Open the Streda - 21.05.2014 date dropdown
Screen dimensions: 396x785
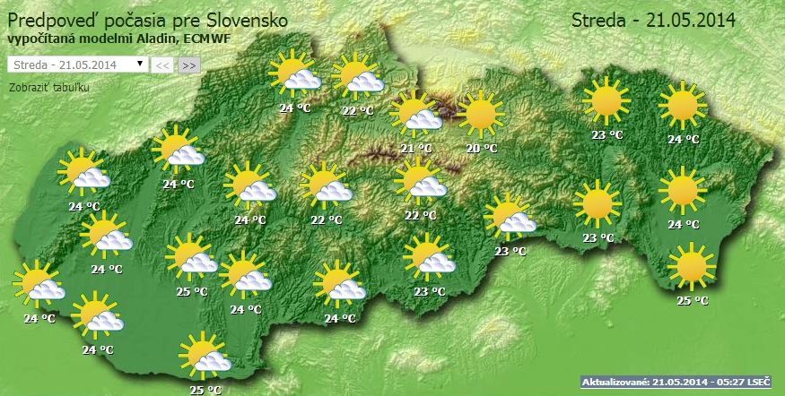click(x=75, y=65)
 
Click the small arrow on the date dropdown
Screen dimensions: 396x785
click(x=140, y=65)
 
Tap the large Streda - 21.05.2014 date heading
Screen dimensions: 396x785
click(x=653, y=21)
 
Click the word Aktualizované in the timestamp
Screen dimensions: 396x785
click(x=614, y=383)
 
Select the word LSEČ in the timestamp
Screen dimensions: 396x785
click(x=755, y=383)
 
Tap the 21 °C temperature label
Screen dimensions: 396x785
click(x=416, y=149)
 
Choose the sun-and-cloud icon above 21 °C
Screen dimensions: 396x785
click(x=417, y=112)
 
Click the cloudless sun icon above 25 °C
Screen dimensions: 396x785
click(x=691, y=265)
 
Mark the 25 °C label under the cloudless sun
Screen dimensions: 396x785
click(x=692, y=301)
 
